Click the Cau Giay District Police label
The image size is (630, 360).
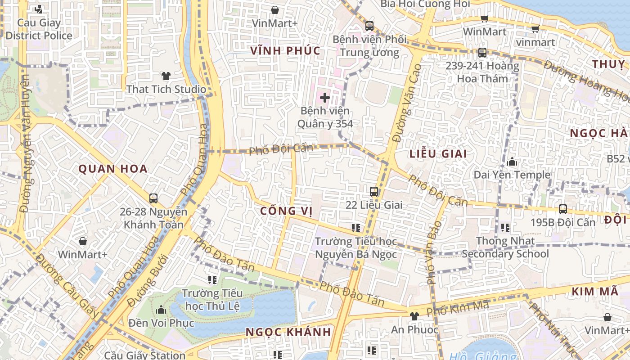pyautogui.click(x=39, y=29)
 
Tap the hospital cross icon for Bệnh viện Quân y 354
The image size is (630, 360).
pyautogui.click(x=324, y=97)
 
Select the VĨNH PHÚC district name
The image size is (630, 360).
pyautogui.click(x=286, y=50)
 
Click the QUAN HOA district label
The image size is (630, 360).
pyautogui.click(x=113, y=169)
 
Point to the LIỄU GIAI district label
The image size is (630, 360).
pyautogui.click(x=438, y=153)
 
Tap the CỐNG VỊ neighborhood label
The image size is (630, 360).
pyautogui.click(x=286, y=211)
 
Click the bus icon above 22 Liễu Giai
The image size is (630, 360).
pyautogui.click(x=373, y=192)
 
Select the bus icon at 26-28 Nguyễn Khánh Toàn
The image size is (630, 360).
pyautogui.click(x=153, y=198)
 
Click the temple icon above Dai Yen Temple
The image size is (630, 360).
pyautogui.click(x=512, y=162)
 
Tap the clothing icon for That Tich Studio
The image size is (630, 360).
pyautogui.click(x=166, y=76)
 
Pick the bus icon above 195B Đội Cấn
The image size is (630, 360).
pyautogui.click(x=562, y=209)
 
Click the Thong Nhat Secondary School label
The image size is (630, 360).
pyautogui.click(x=505, y=247)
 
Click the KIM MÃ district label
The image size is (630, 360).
pyautogui.click(x=595, y=292)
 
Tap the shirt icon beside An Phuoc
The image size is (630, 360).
pyautogui.click(x=414, y=316)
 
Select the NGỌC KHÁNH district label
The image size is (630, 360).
pyautogui.click(x=288, y=332)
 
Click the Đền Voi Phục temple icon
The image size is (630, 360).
pyautogui.click(x=161, y=310)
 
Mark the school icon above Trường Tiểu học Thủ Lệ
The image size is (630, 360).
pyautogui.click(x=212, y=280)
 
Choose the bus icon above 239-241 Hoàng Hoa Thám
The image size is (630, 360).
pyautogui.click(x=482, y=53)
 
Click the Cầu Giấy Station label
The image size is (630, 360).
pyautogui.click(x=144, y=355)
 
